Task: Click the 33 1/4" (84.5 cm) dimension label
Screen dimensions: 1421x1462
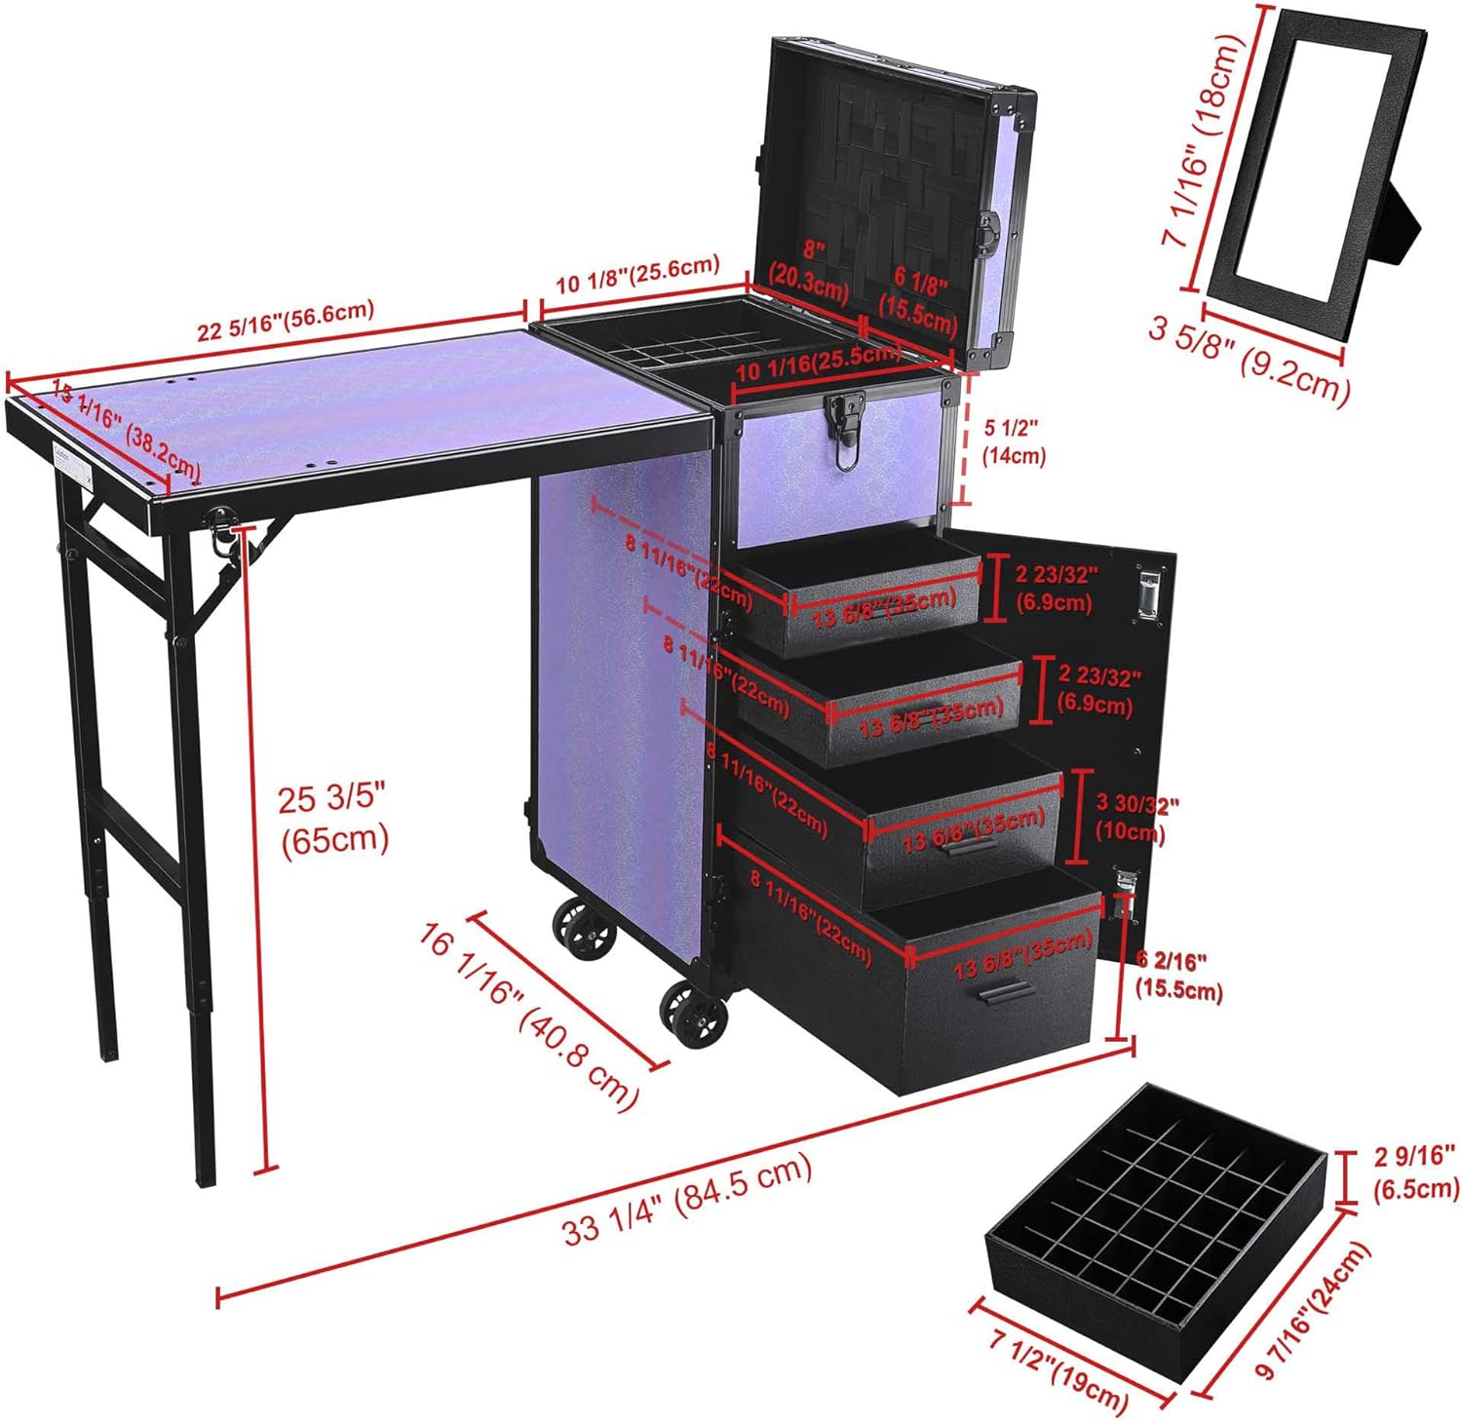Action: pos(687,1199)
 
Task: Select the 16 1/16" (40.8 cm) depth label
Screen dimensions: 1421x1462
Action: pos(531,1014)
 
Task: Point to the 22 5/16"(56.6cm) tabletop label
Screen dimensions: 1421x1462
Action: pos(286,322)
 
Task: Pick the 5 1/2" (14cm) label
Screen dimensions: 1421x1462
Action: pos(1014,441)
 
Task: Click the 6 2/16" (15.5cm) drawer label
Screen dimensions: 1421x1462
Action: pos(1177,975)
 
